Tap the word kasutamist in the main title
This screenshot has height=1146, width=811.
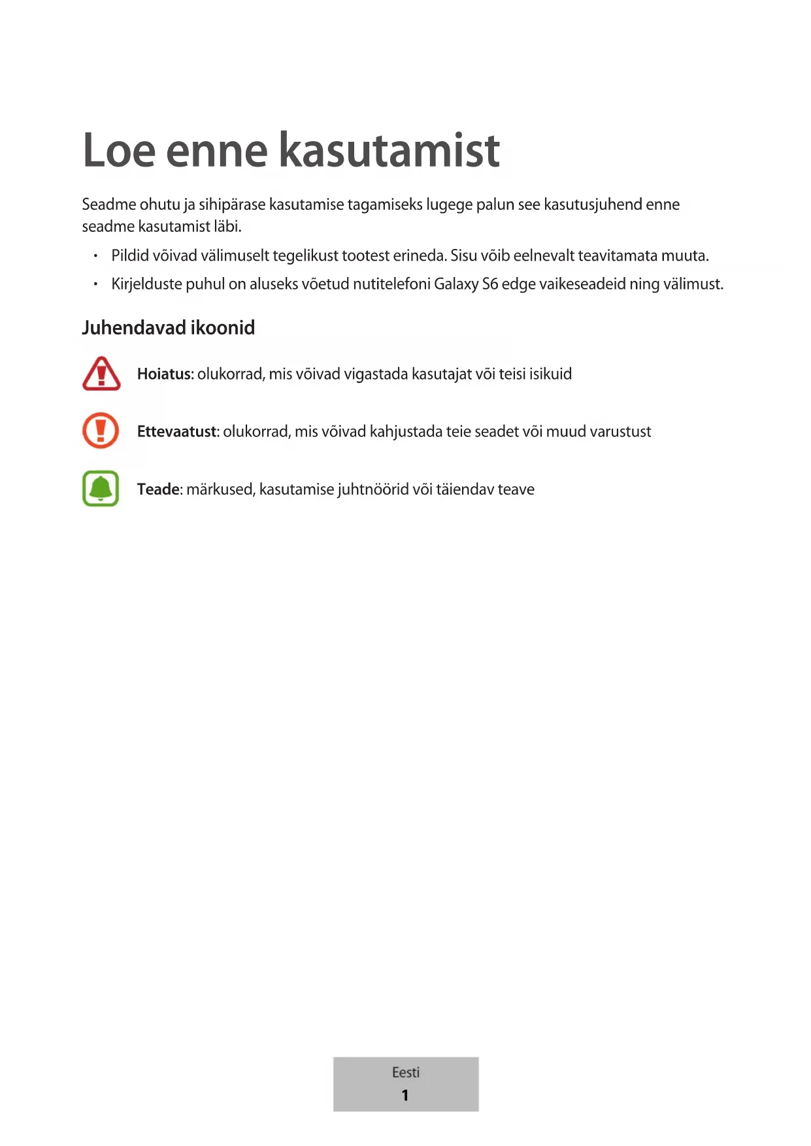[x=389, y=150]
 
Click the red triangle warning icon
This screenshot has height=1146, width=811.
[x=101, y=374]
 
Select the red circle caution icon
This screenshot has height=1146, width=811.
[x=101, y=431]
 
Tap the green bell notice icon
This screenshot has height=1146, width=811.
[x=101, y=489]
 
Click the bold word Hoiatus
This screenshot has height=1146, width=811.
[x=164, y=374]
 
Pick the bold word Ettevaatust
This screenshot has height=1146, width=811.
[x=177, y=431]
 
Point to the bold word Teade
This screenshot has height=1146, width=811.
[x=158, y=489]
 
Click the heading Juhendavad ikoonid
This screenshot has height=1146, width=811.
[x=168, y=327]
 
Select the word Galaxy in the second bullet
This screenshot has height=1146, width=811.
[x=456, y=284]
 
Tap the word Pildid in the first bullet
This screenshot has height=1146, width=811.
[x=130, y=255]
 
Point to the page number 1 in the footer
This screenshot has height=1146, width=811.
[x=405, y=1095]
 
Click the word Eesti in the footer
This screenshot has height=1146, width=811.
[x=406, y=1072]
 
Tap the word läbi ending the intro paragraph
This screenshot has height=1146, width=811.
[x=228, y=227]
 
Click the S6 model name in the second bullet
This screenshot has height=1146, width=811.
[x=490, y=284]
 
